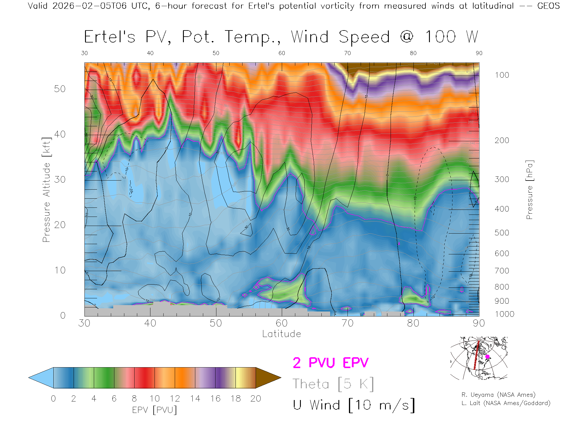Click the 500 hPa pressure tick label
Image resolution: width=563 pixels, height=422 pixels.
click(502, 233)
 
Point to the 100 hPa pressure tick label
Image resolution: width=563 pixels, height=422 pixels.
click(502, 75)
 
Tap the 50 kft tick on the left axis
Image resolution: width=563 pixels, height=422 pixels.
click(60, 89)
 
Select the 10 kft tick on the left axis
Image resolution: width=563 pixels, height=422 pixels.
click(60, 270)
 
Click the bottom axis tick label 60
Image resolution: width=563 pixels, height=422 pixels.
click(281, 323)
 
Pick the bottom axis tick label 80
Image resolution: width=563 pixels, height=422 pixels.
click(413, 323)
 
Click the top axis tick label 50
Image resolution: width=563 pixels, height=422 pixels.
click(216, 53)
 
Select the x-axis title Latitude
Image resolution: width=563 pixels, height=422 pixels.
click(281, 334)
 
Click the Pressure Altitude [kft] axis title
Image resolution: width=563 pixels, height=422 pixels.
click(46, 190)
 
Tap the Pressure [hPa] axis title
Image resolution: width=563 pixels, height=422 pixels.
click(529, 190)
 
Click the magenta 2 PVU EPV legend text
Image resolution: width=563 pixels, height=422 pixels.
click(330, 363)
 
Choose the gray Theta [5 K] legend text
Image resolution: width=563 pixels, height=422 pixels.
click(333, 384)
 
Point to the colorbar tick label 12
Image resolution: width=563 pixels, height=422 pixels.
click(175, 399)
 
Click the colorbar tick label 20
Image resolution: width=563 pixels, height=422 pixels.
click(256, 399)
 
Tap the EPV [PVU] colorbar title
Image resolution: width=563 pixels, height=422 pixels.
click(155, 410)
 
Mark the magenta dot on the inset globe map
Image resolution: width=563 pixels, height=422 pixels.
click(487, 357)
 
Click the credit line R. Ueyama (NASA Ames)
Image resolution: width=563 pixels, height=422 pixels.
click(498, 395)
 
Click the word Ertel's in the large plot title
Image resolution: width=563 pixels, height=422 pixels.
click(110, 37)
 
